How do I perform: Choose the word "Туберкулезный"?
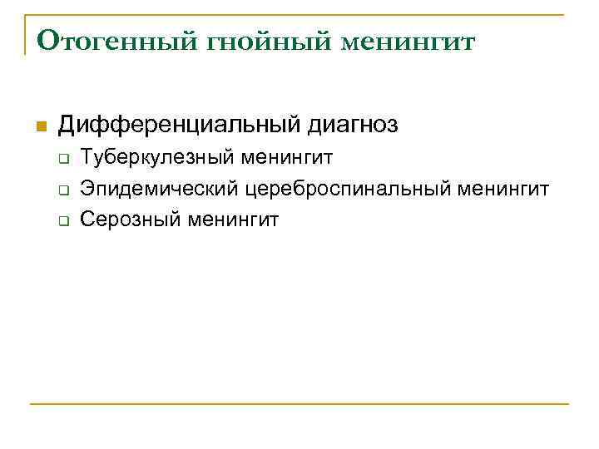(x=146, y=157)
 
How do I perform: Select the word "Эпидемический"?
(x=159, y=189)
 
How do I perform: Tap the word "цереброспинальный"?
(x=348, y=189)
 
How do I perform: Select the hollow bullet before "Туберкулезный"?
(x=62, y=158)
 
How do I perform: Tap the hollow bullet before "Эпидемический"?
(x=62, y=190)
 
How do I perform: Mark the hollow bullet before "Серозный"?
(x=62, y=220)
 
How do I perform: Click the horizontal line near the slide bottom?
(x=299, y=404)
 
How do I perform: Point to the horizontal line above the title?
(x=299, y=14)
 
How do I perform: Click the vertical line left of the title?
(x=25, y=34)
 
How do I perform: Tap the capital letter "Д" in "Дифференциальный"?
(x=66, y=126)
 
